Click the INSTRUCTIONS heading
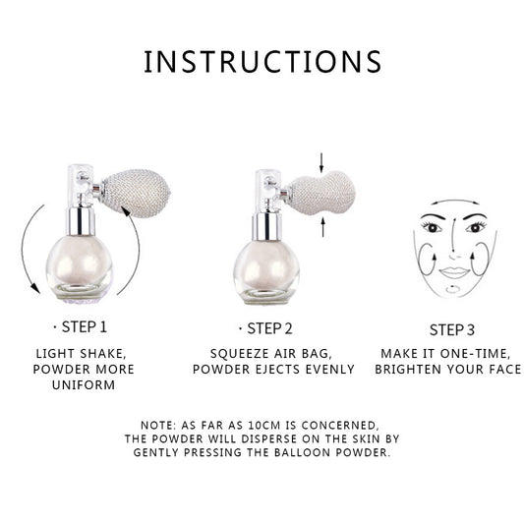(x=262, y=61)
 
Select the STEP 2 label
(x=267, y=328)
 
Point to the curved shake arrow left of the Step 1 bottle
(x=29, y=236)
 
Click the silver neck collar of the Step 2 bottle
(x=266, y=225)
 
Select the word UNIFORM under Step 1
(x=85, y=385)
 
